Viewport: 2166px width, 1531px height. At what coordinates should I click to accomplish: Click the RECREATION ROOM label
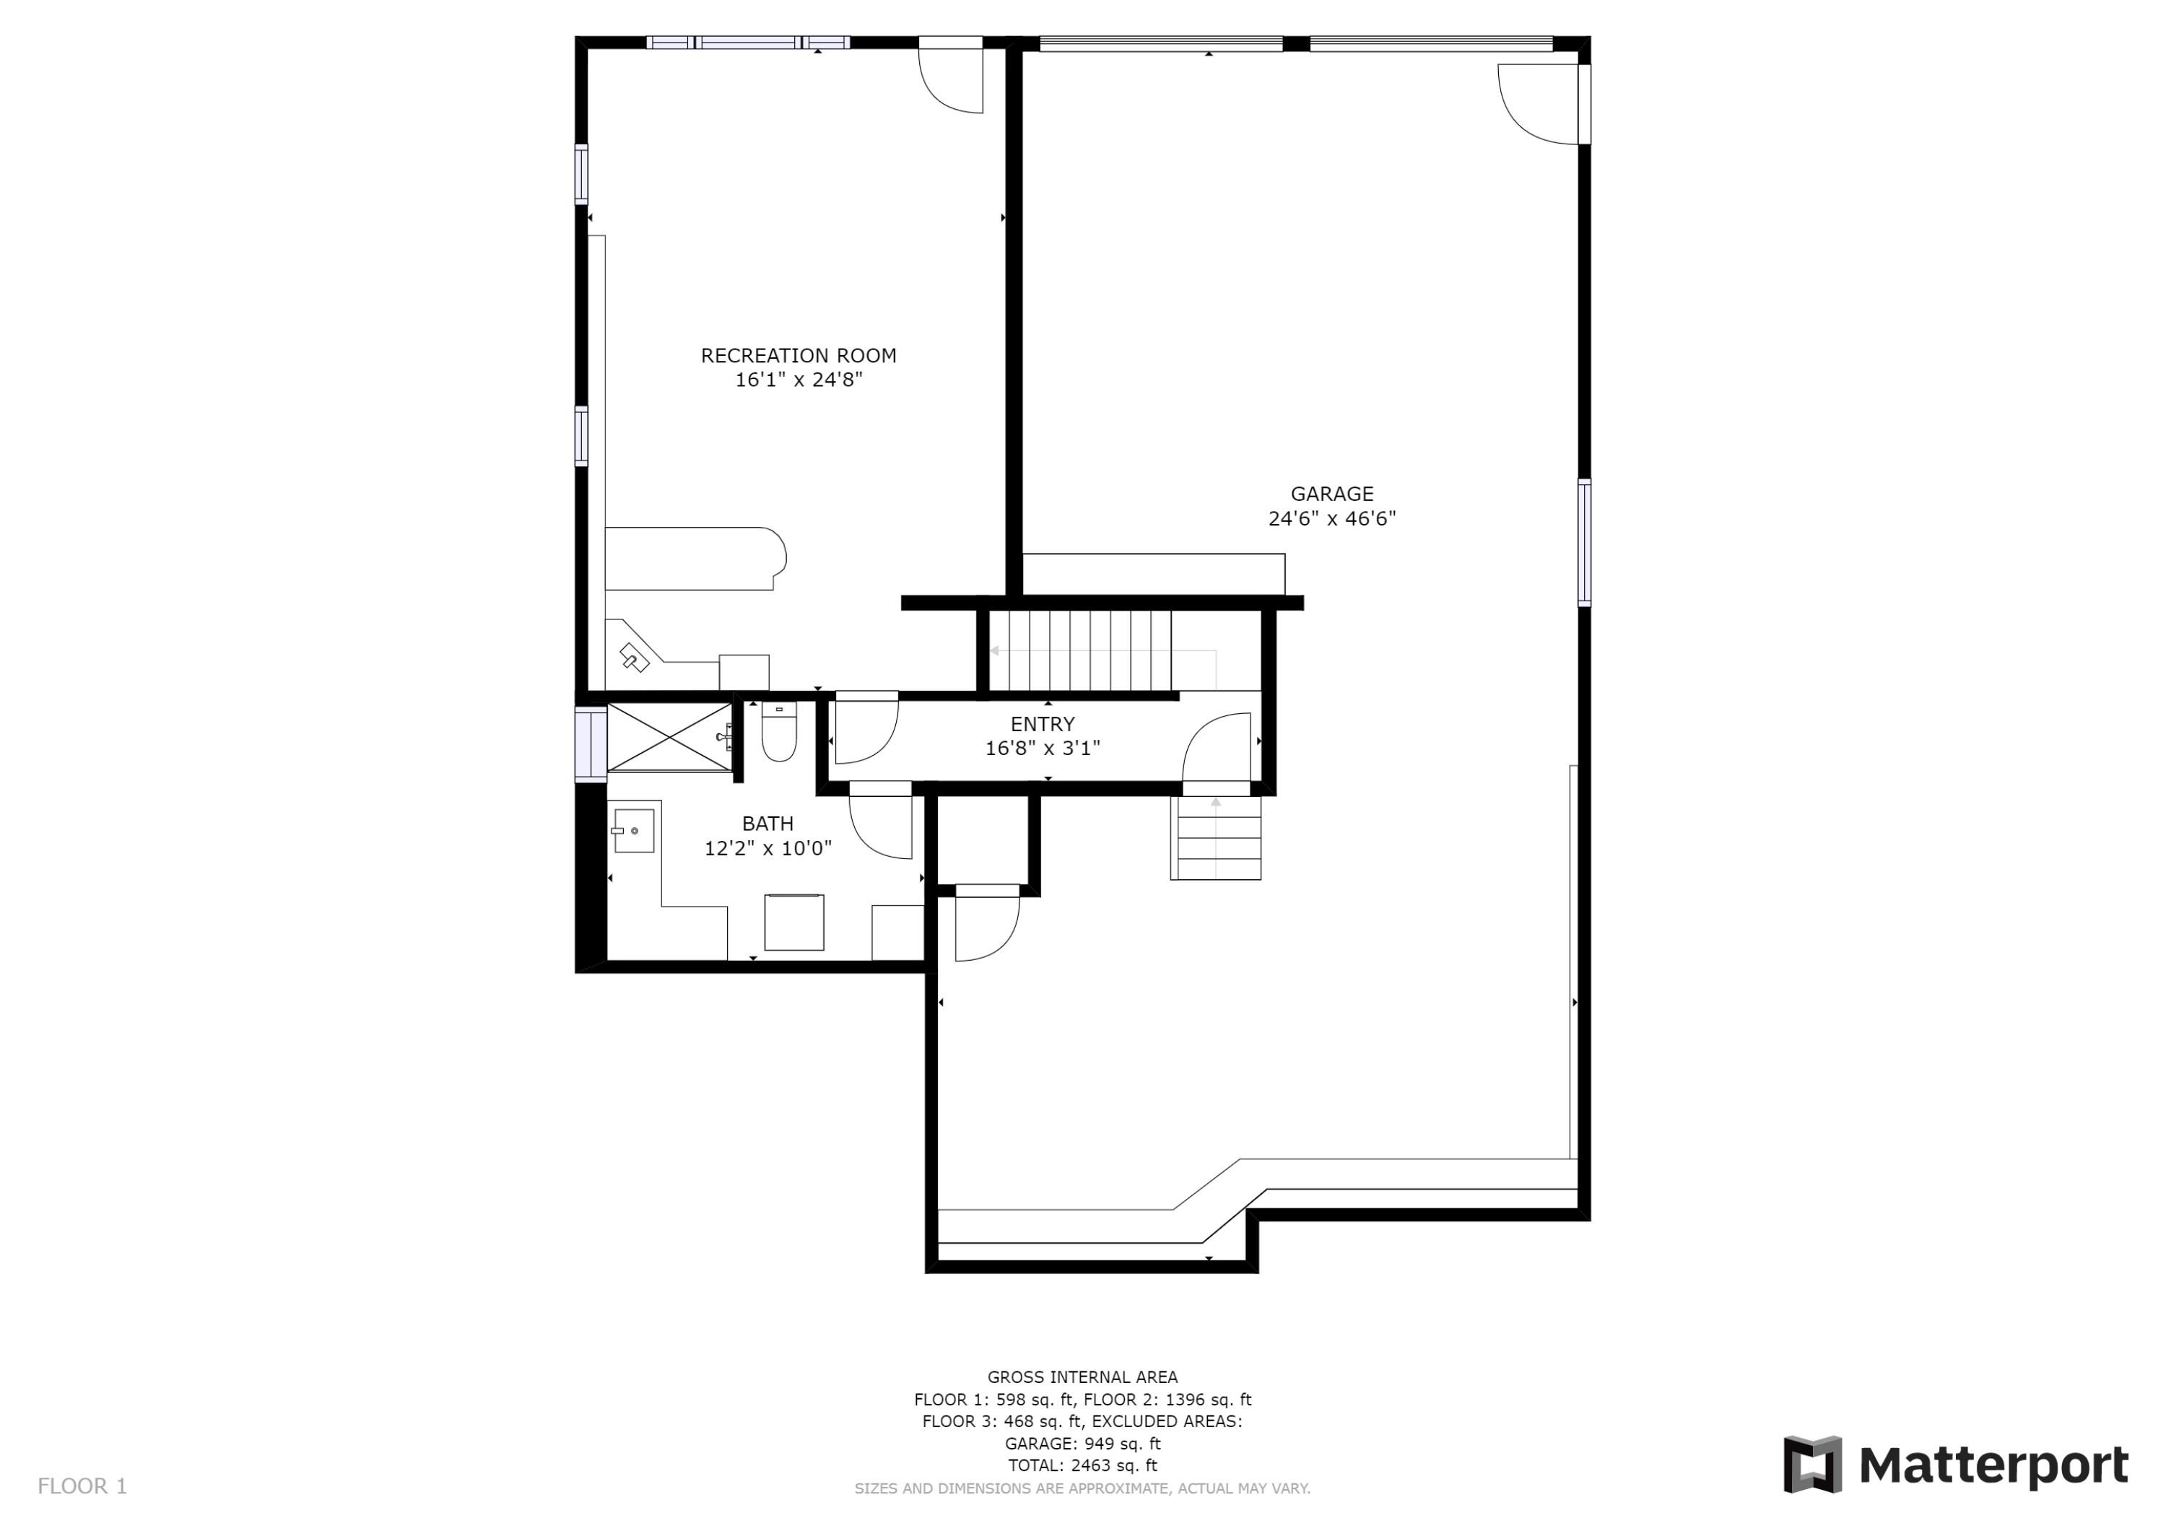(798, 356)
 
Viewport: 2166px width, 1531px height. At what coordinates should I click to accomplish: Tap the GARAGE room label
(1331, 493)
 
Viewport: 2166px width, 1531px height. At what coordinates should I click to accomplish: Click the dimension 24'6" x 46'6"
(1331, 518)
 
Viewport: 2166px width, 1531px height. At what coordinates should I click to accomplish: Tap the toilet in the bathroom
(779, 732)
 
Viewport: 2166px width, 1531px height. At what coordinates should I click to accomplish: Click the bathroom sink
(634, 831)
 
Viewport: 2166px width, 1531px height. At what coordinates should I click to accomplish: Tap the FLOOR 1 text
(82, 1486)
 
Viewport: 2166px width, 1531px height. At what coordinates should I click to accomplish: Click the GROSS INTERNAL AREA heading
(1082, 1377)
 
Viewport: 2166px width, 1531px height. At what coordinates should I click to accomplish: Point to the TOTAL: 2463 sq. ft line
(1082, 1465)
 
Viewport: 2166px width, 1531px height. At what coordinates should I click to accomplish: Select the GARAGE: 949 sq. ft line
(1082, 1443)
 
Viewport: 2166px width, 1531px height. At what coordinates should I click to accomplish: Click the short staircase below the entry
(1215, 839)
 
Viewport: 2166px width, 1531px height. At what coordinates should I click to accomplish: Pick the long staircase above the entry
(1089, 651)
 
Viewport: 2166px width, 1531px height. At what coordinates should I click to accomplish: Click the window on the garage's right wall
(1584, 542)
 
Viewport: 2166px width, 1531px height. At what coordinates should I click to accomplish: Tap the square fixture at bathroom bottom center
(793, 922)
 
